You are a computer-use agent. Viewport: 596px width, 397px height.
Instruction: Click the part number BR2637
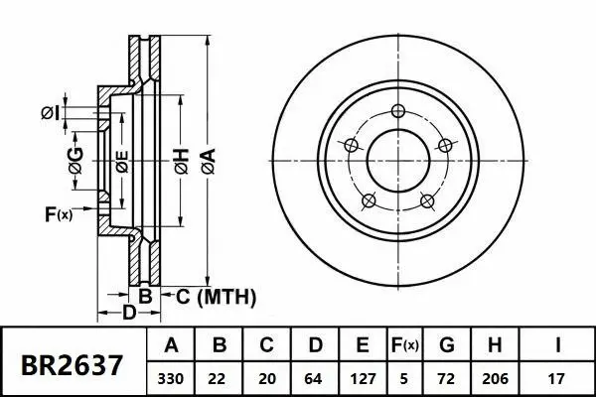point(73,364)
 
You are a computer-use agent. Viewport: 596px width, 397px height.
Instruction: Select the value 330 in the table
point(171,378)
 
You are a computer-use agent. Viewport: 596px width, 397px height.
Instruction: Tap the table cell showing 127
point(363,378)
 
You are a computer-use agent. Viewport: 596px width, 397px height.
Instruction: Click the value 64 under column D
point(314,378)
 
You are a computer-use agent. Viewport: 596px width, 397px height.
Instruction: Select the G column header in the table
point(447,346)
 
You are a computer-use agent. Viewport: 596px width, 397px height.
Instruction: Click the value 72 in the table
point(447,378)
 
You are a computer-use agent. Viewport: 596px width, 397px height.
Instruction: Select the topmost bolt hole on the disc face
point(399,111)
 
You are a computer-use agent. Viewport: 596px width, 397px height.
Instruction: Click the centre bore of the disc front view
point(398,159)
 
